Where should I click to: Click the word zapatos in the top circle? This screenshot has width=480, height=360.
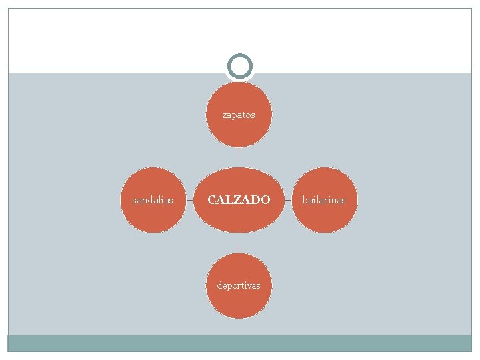click(x=239, y=115)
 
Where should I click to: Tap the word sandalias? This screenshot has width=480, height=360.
click(x=153, y=200)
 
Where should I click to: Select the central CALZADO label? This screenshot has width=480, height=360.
click(x=239, y=200)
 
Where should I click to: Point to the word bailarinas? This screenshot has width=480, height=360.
click(x=324, y=200)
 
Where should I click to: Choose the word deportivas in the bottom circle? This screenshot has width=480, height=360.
click(x=239, y=285)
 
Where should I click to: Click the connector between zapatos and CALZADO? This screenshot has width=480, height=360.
click(x=239, y=151)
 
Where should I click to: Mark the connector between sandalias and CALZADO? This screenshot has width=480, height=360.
click(x=189, y=200)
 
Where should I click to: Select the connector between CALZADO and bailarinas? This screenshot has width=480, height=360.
click(x=288, y=200)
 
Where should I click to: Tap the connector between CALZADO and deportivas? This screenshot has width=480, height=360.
click(x=239, y=249)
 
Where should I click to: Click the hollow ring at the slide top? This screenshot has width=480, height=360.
click(x=239, y=67)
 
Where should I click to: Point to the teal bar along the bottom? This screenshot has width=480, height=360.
click(x=239, y=343)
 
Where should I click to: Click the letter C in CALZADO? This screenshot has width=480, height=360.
click(x=212, y=200)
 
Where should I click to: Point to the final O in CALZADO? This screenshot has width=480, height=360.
click(x=265, y=200)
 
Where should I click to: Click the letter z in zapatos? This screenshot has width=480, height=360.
click(x=225, y=115)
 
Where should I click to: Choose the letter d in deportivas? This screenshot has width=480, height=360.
click(x=219, y=285)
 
